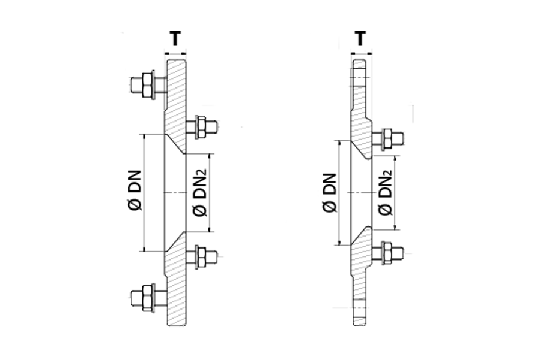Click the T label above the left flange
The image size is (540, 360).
(x=175, y=38)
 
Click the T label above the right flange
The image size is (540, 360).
(x=360, y=38)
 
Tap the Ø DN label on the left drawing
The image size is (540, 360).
(x=134, y=190)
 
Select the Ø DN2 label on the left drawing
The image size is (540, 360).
(x=199, y=192)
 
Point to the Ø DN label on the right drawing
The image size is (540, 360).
(x=330, y=192)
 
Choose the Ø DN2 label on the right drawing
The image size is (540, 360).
(x=385, y=192)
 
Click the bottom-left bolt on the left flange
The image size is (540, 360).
(x=148, y=298)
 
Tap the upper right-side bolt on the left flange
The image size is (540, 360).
(x=202, y=127)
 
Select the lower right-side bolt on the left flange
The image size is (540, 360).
(x=202, y=256)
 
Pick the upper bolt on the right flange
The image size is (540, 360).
(x=388, y=139)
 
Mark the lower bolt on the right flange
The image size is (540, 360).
(x=388, y=253)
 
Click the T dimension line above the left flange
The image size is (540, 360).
(x=175, y=53)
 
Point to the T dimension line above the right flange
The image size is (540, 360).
(x=361, y=53)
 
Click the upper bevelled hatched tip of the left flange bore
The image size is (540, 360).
(x=175, y=144)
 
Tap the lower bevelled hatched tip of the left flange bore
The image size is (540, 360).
(x=175, y=241)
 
